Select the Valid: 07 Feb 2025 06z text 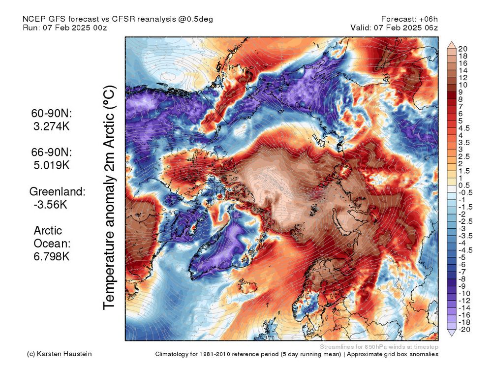point(394,28)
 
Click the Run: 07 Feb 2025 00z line point(64,28)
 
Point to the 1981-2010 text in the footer point(233,354)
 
